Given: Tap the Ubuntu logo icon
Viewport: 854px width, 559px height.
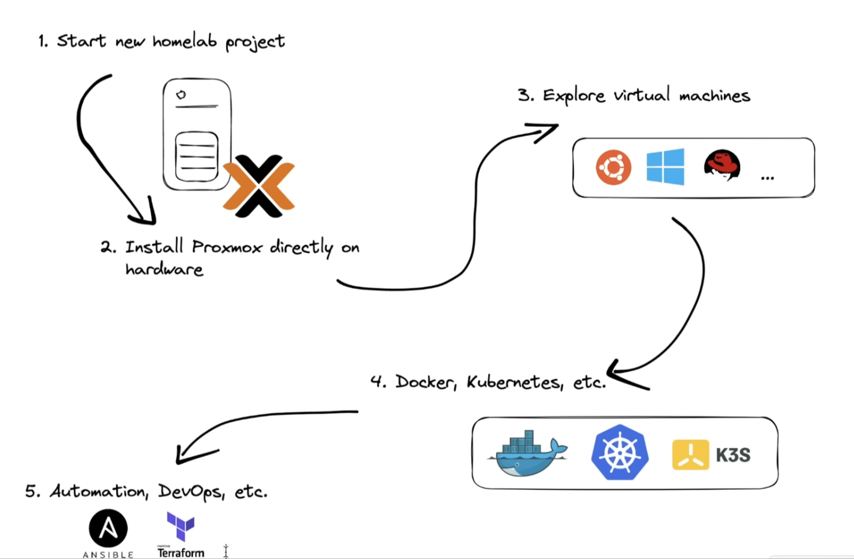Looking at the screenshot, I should [x=613, y=167].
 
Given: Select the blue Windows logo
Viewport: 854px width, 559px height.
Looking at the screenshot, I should [x=665, y=166].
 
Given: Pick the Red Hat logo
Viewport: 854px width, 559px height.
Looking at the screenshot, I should [x=722, y=165].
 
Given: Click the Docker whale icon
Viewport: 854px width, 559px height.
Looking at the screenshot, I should [x=528, y=454].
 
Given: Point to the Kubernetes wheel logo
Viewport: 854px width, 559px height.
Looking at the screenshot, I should [x=620, y=452].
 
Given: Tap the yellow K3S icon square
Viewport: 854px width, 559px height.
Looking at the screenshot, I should [x=690, y=455].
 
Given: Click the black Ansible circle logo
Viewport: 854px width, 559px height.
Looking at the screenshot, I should [x=108, y=528].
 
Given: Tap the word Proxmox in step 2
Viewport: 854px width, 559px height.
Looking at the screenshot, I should [x=227, y=247].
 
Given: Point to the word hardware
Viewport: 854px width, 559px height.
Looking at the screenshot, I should [x=164, y=269].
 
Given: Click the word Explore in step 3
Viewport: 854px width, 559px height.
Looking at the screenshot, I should [x=574, y=96].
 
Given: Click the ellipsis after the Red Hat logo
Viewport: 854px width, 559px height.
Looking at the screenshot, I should [x=767, y=178].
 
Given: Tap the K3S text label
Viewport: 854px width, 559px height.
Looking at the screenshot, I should [x=733, y=455].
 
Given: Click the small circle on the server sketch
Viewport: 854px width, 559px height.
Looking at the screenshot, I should [x=181, y=95].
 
